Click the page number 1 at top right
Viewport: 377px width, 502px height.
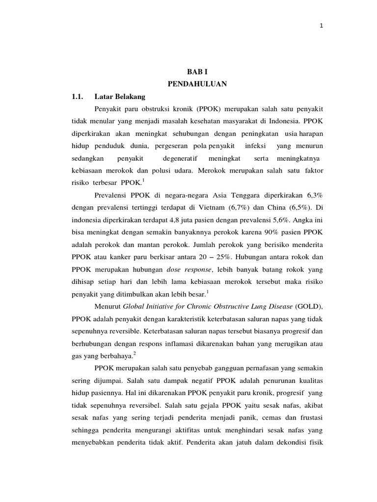coord(321,26)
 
